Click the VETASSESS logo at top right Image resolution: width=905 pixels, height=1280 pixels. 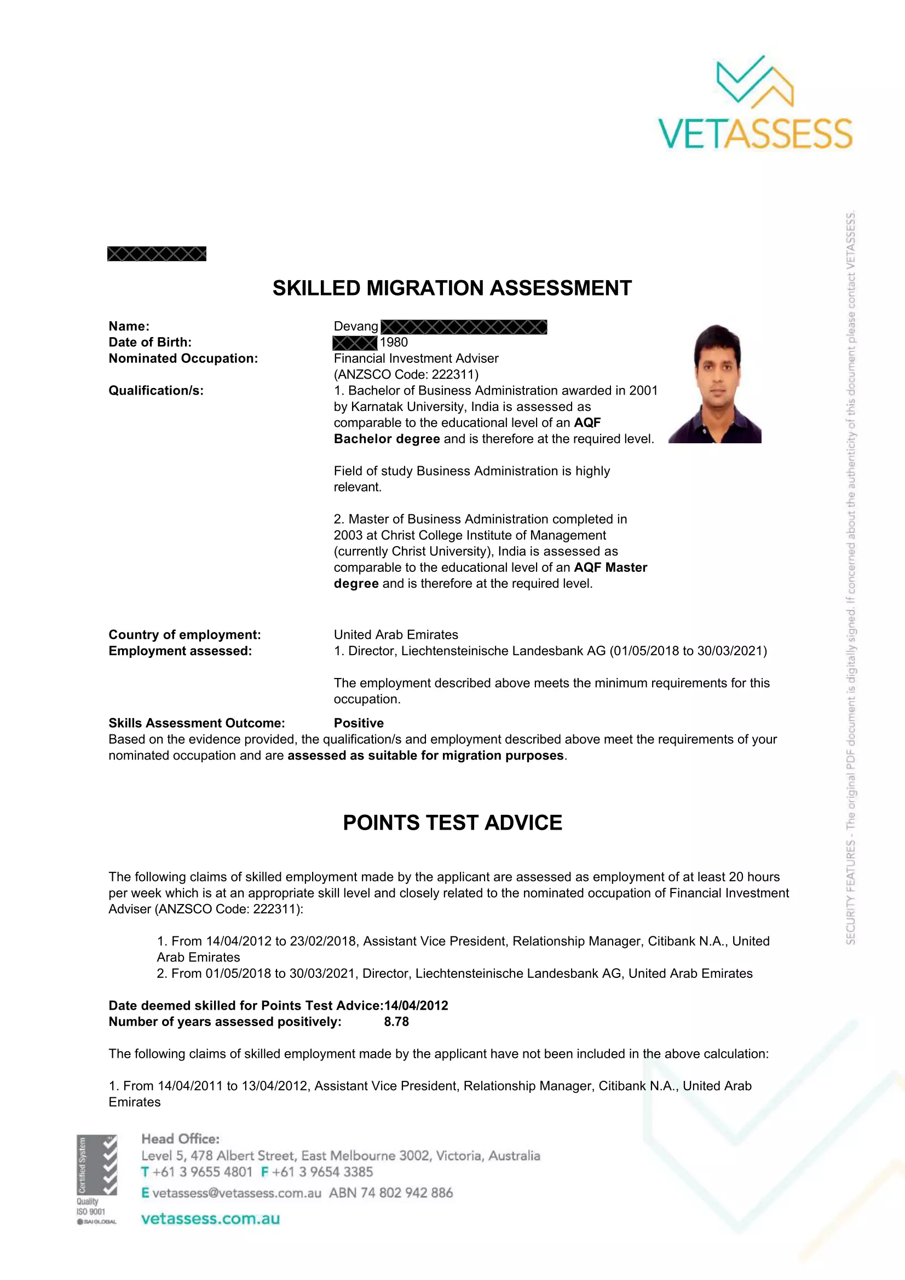755,103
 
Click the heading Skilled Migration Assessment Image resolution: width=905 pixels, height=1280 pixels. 452,288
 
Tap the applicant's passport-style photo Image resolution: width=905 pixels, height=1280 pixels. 715,384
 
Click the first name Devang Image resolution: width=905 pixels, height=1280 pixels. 356,327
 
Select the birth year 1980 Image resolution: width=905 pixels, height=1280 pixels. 394,342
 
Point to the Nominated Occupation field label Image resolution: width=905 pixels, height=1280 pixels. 183,358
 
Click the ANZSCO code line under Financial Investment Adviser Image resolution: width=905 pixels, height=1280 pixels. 406,374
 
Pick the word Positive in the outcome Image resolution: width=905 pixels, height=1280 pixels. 359,723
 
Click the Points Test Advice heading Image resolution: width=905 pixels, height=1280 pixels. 452,823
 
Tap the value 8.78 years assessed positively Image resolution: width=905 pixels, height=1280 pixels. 396,1022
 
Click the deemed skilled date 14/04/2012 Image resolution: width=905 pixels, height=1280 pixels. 416,1006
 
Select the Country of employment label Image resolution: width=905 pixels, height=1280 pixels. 185,635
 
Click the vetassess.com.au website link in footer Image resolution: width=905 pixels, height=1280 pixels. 210,1219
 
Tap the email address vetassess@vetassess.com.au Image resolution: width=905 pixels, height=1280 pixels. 237,1193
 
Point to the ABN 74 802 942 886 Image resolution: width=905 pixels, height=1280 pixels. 391,1193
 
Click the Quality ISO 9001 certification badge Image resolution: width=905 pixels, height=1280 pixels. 96,1180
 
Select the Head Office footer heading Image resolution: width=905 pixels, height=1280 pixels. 180,1139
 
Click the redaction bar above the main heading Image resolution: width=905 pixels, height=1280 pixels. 157,254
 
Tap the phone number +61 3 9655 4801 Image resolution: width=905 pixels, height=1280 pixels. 203,1172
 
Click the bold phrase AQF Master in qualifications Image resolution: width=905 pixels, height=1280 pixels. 610,567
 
